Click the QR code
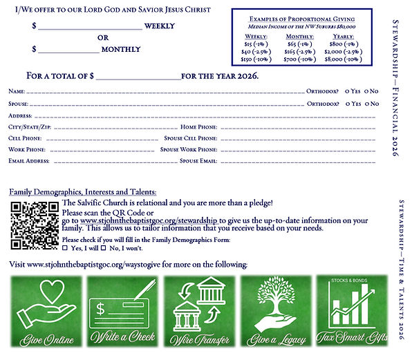[34, 226]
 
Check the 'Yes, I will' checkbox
[65, 247]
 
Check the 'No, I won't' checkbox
[104, 247]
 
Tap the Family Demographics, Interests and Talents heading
[82, 191]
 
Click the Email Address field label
[29, 160]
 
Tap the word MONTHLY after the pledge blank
[121, 50]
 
